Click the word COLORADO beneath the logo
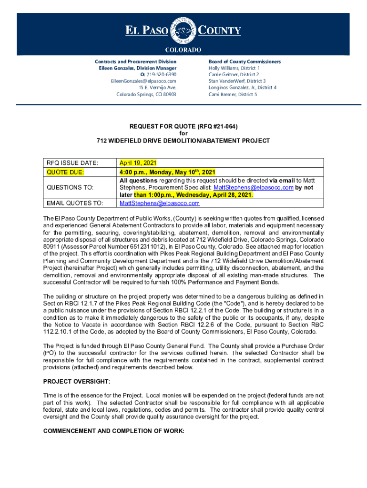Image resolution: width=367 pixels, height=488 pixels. click(x=183, y=50)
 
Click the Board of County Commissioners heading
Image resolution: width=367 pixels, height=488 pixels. click(x=245, y=62)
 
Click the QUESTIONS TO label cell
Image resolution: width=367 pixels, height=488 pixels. click(x=70, y=188)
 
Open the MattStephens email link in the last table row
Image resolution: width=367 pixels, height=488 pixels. click(x=160, y=203)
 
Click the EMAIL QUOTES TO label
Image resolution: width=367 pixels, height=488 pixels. click(x=74, y=203)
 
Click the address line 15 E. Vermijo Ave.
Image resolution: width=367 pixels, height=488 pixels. click(x=157, y=88)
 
